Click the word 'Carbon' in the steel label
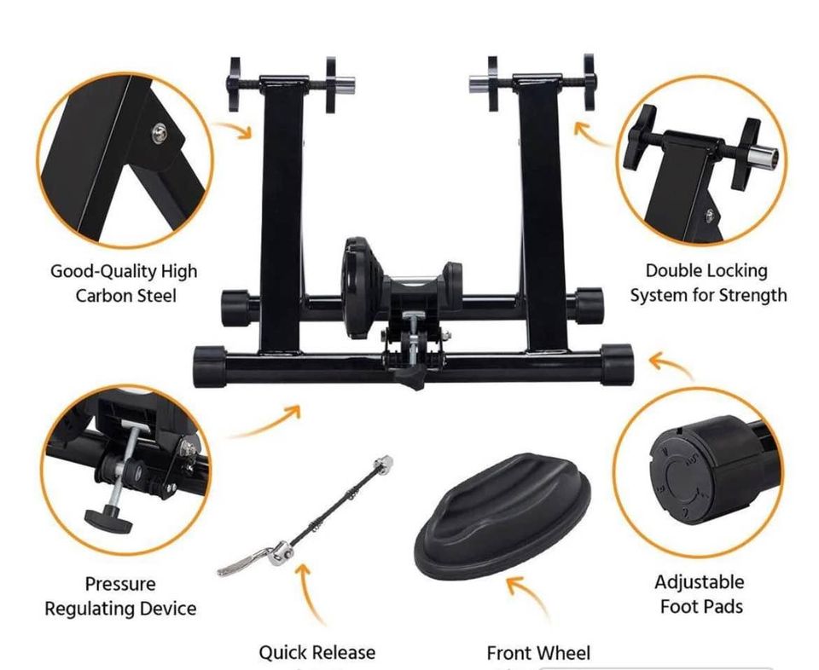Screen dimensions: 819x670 [101, 296]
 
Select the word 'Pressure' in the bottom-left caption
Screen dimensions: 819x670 [120, 583]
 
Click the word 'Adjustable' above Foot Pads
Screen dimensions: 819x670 [700, 582]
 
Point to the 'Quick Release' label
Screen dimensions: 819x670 [317, 652]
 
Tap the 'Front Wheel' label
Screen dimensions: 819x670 [538, 653]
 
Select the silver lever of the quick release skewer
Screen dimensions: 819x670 [245, 560]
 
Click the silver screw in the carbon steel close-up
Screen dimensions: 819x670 [160, 133]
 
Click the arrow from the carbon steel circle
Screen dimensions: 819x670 [236, 129]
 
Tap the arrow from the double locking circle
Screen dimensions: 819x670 [593, 134]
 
